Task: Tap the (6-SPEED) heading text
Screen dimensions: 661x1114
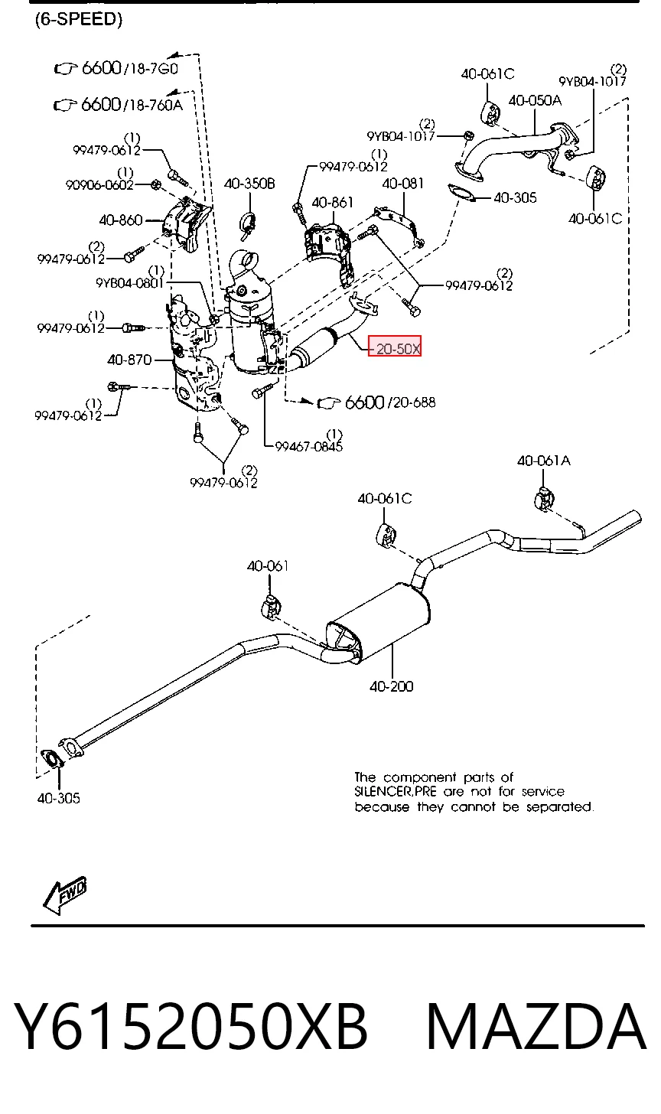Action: point(79,19)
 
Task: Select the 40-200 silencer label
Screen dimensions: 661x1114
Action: point(392,687)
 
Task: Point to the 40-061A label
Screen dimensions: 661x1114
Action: point(544,461)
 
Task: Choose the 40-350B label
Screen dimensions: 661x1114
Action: point(249,184)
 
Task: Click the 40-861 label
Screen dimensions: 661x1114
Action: point(332,203)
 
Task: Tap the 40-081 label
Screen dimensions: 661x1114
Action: point(403,184)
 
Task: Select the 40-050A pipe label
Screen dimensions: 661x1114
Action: point(535,100)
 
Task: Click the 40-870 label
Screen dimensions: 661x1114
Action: point(129,360)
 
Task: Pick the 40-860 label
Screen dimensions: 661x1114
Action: point(121,220)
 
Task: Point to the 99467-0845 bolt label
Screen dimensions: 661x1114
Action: point(309,447)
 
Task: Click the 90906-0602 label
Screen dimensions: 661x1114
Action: point(99,185)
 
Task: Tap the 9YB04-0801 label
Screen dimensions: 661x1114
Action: point(129,283)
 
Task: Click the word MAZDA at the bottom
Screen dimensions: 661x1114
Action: point(536,1027)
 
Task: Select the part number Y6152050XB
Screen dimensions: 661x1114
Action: point(191,1027)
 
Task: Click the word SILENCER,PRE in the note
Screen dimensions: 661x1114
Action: point(396,792)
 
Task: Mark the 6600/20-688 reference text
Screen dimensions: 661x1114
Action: point(390,402)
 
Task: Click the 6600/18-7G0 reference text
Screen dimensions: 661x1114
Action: point(130,67)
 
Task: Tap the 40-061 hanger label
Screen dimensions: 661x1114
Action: point(268,566)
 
